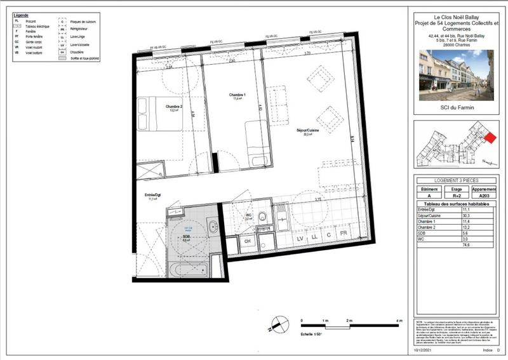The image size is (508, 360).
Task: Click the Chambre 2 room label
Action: pyautogui.click(x=174, y=107)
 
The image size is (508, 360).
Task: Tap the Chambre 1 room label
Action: pyautogui.click(x=237, y=96)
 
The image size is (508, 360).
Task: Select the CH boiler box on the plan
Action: pyautogui.click(x=248, y=241)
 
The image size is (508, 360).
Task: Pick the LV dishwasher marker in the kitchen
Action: pyautogui.click(x=298, y=237)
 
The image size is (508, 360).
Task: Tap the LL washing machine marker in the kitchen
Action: pyautogui.click(x=313, y=237)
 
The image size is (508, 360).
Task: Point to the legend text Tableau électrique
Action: pyautogui.click(x=37, y=26)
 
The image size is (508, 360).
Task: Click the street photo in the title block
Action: pyautogui.click(x=456, y=74)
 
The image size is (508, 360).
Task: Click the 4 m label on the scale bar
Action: pyautogui.click(x=399, y=323)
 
